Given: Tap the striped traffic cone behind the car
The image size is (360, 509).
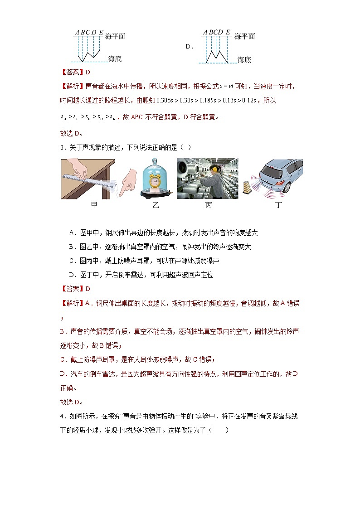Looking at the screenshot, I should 247,186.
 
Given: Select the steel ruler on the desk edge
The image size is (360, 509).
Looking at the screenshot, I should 90,181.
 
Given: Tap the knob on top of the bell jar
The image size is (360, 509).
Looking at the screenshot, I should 155,160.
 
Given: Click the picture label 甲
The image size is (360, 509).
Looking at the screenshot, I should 94,205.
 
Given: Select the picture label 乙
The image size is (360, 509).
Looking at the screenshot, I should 156,205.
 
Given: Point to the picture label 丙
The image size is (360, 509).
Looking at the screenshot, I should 208,205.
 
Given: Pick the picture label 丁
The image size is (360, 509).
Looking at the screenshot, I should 279,205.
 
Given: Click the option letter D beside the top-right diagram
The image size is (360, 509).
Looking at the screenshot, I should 189,46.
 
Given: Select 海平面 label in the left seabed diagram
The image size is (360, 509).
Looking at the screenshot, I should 115,36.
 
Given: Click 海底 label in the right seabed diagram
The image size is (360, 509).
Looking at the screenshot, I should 244,59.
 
